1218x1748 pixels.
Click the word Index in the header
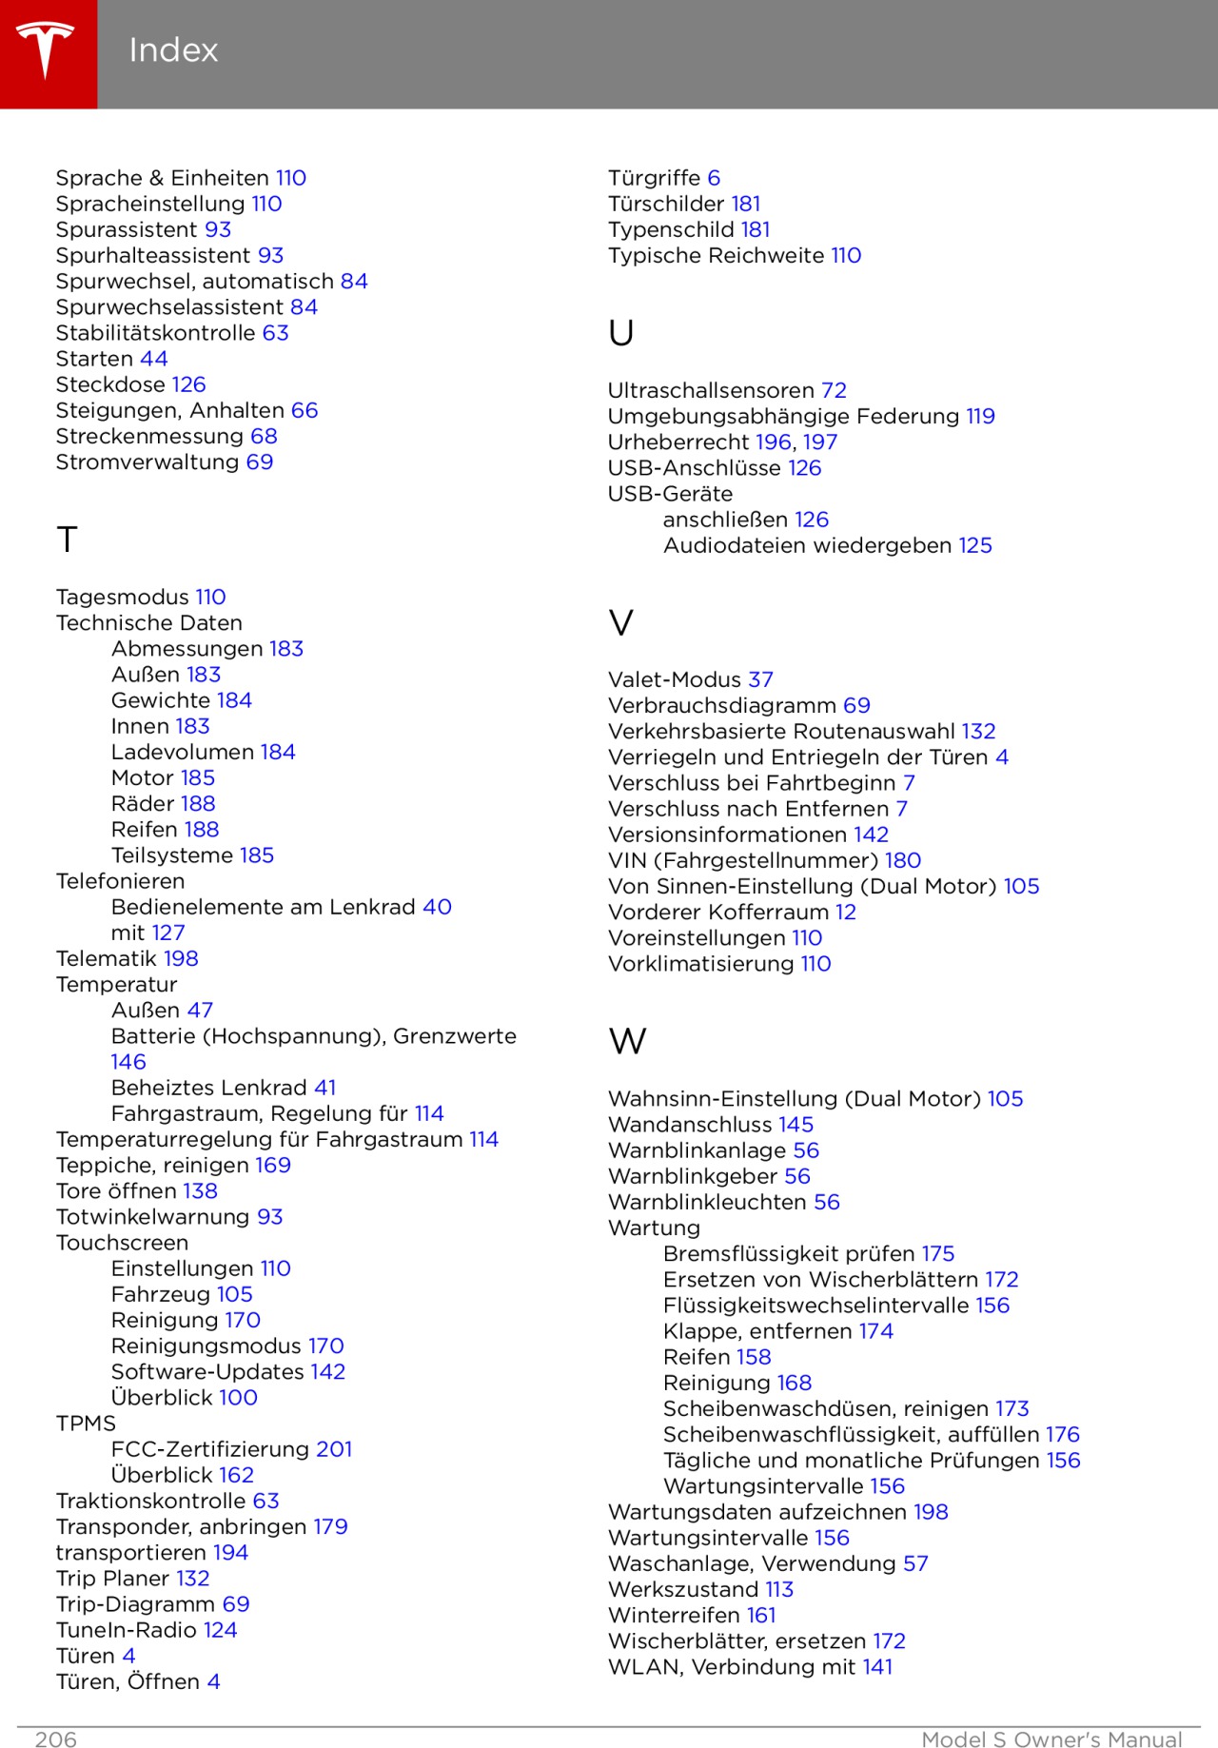tap(173, 50)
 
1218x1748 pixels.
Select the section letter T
tap(67, 540)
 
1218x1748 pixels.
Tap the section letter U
tap(620, 333)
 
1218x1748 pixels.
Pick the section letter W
tap(627, 1041)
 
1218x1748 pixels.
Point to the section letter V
tap(620, 623)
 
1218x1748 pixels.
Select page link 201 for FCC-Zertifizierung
tap(334, 1449)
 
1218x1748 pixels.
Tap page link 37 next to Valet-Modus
tap(760, 679)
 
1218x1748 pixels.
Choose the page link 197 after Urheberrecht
tap(819, 442)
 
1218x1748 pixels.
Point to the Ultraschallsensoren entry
tap(711, 390)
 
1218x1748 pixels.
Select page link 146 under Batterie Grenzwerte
tap(128, 1062)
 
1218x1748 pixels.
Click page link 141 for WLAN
tap(877, 1666)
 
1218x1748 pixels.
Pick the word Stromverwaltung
tap(147, 462)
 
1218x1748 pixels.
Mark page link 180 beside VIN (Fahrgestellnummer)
tap(902, 860)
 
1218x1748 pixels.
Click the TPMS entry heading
tap(86, 1424)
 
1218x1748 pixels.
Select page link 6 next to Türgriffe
tap(714, 178)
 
